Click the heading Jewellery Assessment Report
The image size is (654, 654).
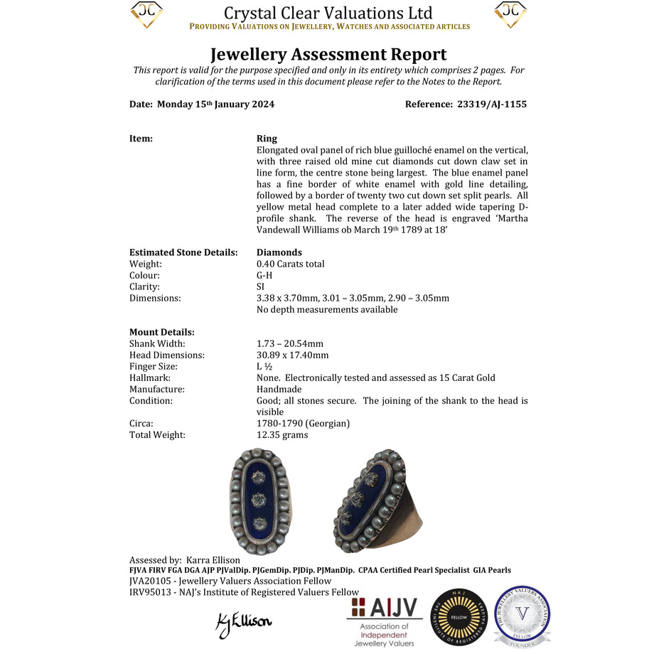(x=328, y=54)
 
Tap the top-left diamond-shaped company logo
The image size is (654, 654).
(x=146, y=14)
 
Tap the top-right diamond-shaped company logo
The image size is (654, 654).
(x=510, y=14)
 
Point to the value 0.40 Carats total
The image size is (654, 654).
(x=290, y=264)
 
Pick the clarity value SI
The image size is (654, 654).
(x=260, y=286)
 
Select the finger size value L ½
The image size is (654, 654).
(x=264, y=366)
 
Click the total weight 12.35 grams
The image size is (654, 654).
(x=282, y=434)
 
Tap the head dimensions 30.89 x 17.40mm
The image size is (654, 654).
(x=292, y=355)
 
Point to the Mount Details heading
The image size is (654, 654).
(x=161, y=332)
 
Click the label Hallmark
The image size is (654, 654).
(x=149, y=377)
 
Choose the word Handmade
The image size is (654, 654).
(x=279, y=389)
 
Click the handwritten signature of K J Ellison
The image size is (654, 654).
(x=243, y=622)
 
